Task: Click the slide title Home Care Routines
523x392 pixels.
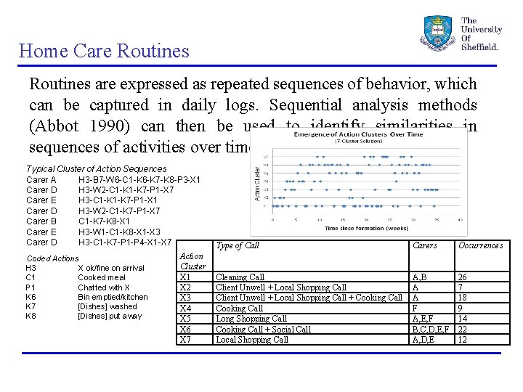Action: (104, 51)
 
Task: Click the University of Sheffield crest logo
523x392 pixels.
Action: (437, 33)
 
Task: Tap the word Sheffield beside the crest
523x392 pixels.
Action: (480, 46)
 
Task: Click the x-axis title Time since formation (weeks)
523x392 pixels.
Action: (365, 227)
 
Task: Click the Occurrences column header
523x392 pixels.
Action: (480, 245)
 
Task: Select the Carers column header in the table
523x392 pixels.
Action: (424, 245)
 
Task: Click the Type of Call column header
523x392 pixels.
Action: (238, 245)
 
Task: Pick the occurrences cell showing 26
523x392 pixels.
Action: (462, 277)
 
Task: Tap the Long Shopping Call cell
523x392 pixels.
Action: (251, 319)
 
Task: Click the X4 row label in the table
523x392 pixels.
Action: (185, 308)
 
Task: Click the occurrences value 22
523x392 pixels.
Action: (462, 329)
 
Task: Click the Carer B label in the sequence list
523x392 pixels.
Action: (41, 221)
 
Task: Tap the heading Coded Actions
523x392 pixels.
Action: (52, 258)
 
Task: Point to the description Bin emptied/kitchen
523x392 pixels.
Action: (113, 297)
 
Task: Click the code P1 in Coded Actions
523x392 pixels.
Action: (31, 287)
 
